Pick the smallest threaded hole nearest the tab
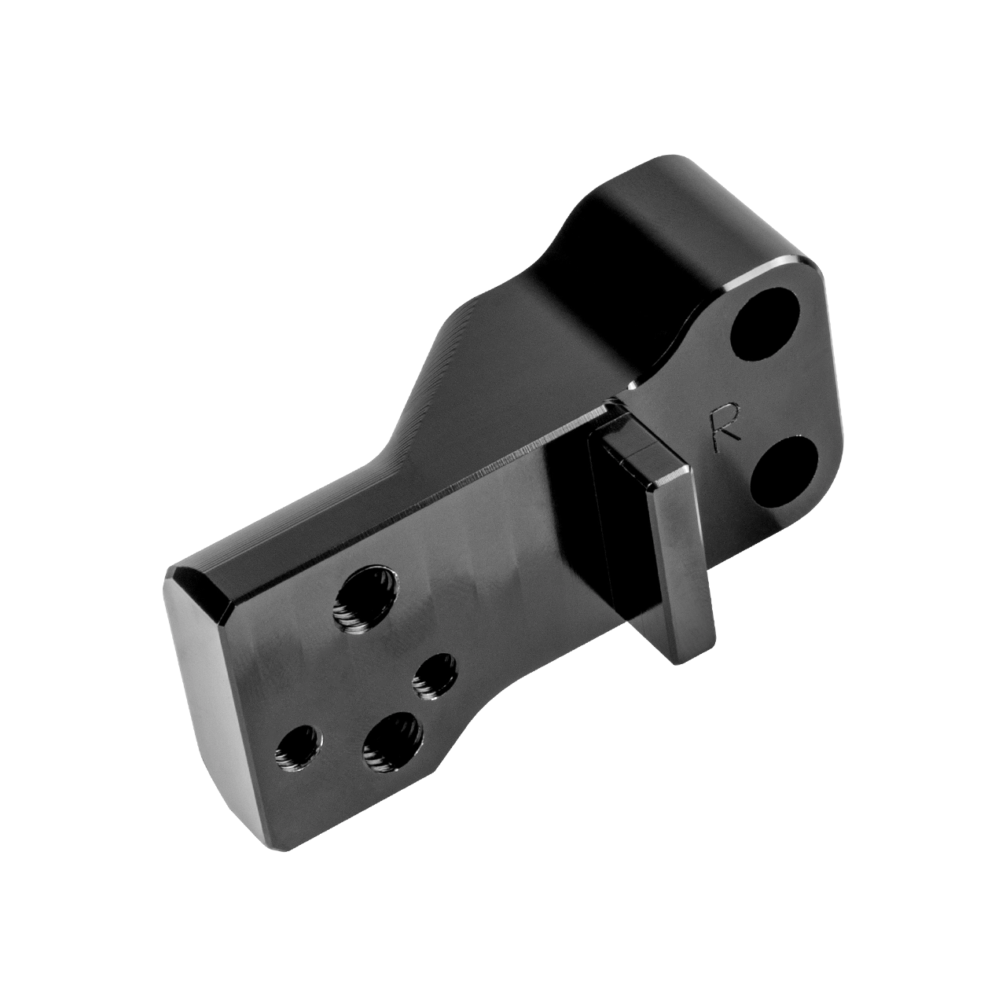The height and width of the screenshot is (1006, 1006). pos(435,676)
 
